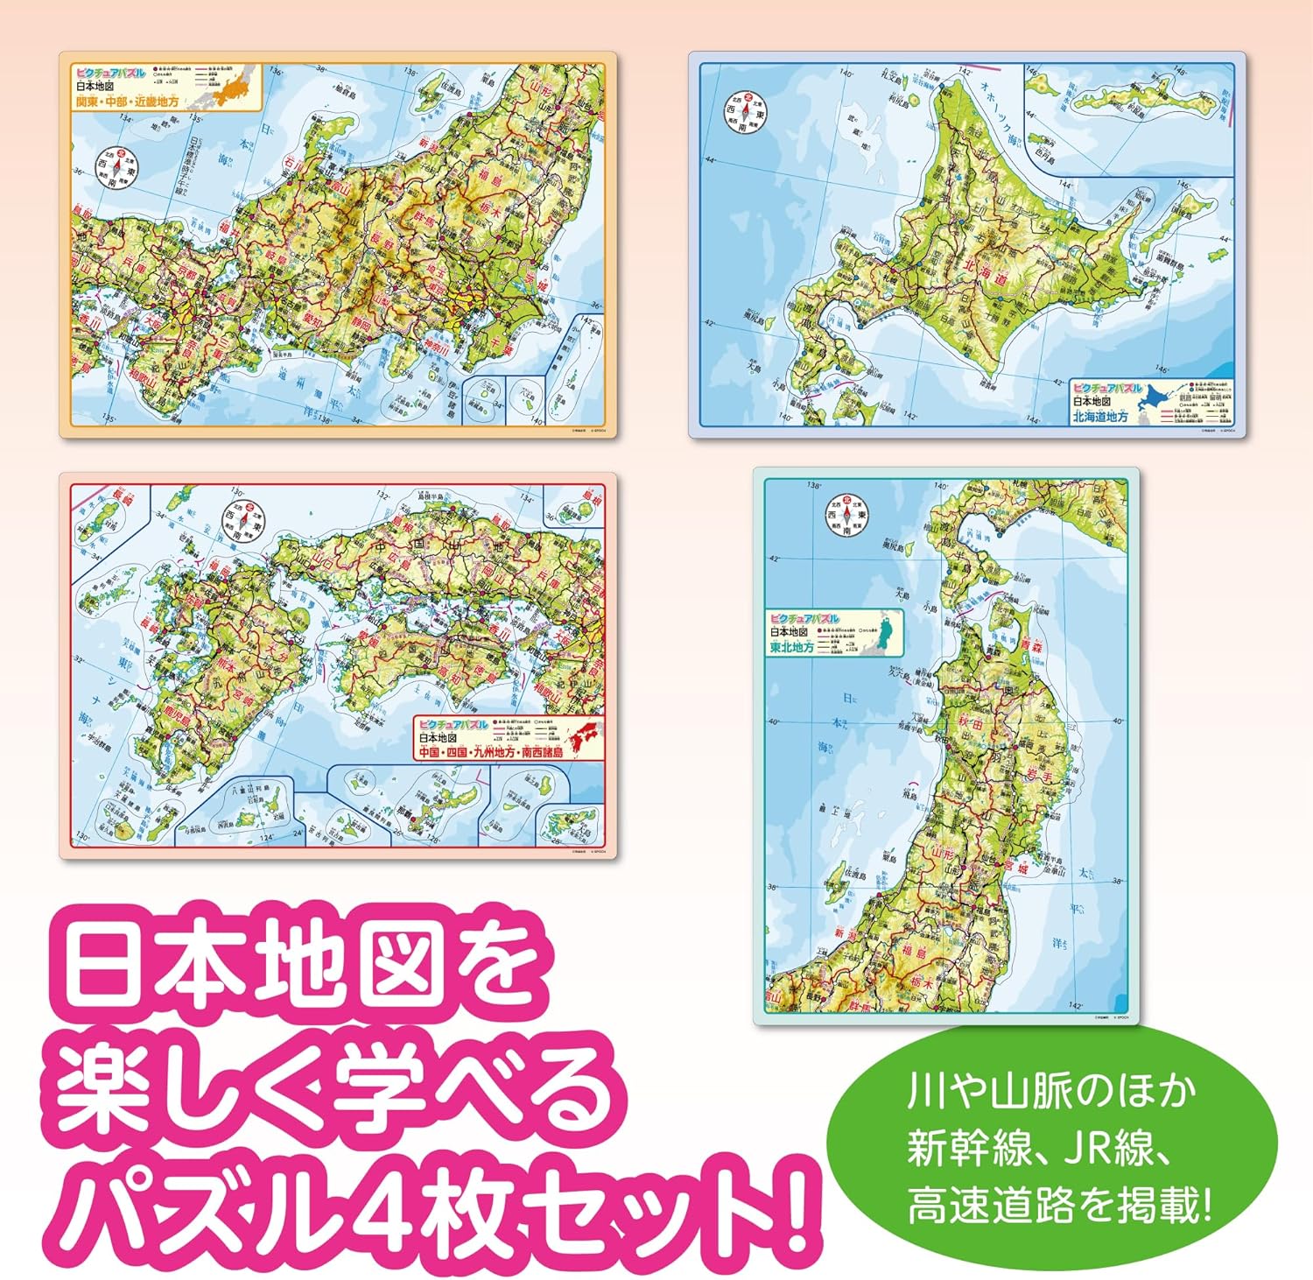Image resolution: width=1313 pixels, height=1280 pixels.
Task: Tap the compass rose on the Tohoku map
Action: point(846,517)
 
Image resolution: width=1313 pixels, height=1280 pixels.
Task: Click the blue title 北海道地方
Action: point(1100,417)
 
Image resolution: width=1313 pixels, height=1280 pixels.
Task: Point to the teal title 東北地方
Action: point(792,647)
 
